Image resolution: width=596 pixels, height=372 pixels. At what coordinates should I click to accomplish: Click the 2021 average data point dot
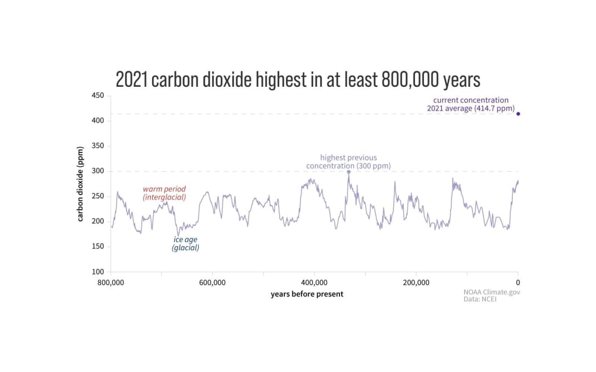518,114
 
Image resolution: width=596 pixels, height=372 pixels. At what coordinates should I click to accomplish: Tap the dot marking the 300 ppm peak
349,171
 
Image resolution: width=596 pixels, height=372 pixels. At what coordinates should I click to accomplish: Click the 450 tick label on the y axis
98,95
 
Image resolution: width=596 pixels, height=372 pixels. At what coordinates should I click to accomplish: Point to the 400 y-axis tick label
98,121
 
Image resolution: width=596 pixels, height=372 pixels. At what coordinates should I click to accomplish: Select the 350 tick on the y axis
98,146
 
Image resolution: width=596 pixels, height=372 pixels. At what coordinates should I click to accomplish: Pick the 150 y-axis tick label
98,247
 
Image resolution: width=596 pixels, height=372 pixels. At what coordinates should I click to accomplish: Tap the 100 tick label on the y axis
98,272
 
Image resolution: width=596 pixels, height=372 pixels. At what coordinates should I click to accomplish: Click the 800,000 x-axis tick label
111,282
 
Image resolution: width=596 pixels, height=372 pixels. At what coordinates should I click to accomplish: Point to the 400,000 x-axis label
314,282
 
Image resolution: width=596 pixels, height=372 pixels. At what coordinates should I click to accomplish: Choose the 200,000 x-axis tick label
416,282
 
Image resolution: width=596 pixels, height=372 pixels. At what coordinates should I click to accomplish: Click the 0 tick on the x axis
518,282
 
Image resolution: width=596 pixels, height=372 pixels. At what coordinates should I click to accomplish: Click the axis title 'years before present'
307,294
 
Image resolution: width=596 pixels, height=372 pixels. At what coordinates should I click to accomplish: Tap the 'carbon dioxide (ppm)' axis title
81,185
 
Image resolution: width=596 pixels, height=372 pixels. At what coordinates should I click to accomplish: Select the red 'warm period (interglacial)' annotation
164,193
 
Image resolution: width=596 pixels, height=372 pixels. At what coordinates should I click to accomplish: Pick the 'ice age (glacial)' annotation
186,243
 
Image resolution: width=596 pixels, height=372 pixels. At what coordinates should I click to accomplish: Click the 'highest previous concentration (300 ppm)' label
349,162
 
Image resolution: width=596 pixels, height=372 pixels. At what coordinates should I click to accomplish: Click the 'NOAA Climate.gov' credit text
492,292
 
